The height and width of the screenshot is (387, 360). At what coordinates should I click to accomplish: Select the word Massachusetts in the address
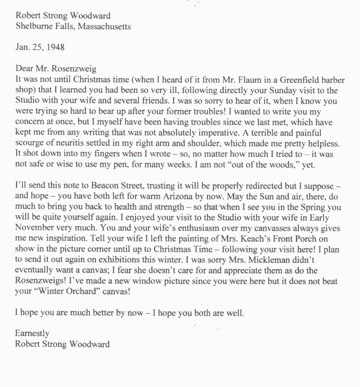(x=104, y=27)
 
